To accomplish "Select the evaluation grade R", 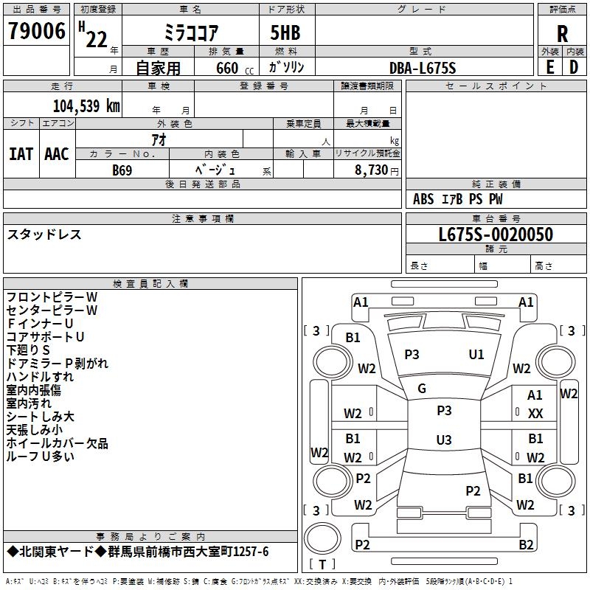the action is [x=562, y=33].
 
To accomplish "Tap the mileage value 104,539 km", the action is [x=86, y=105].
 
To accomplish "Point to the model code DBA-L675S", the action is [x=423, y=68].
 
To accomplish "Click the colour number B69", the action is [x=122, y=170].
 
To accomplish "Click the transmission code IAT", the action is [x=21, y=154].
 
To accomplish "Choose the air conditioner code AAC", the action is [x=56, y=154].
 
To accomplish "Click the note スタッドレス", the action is [x=44, y=235].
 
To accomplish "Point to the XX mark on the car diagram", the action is [x=535, y=414].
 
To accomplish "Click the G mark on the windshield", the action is [x=422, y=389].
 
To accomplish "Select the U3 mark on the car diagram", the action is [x=443, y=440].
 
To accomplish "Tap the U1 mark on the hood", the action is [x=476, y=355].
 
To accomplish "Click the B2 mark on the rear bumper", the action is [x=526, y=545].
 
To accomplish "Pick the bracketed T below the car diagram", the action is [x=323, y=565].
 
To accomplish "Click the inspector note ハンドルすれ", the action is [x=40, y=376].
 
